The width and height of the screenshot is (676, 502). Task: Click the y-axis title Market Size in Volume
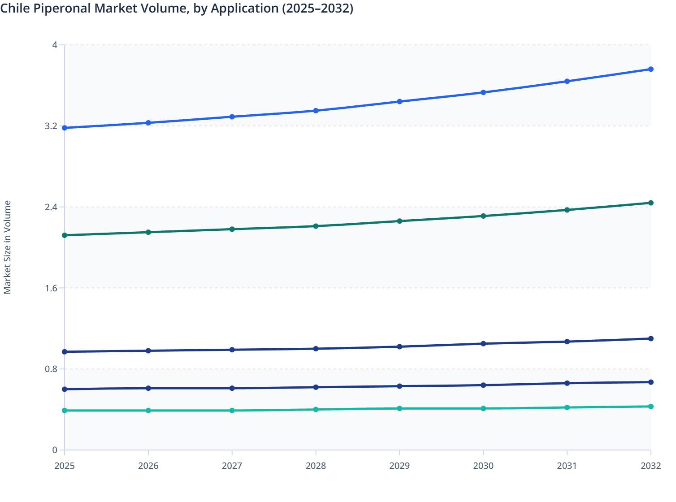pyautogui.click(x=8, y=247)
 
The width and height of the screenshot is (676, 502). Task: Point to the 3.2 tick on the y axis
pyautogui.click(x=51, y=126)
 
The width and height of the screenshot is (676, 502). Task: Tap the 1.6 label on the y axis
pyautogui.click(x=51, y=288)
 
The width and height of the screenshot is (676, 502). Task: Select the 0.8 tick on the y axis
pyautogui.click(x=51, y=369)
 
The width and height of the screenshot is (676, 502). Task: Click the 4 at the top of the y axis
pyautogui.click(x=55, y=45)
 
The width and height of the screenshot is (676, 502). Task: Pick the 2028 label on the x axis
pyautogui.click(x=316, y=466)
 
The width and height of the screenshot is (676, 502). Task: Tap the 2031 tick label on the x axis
pyautogui.click(x=567, y=466)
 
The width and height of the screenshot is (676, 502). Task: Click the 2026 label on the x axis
pyautogui.click(x=148, y=466)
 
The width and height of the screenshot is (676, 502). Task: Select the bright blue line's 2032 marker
pyautogui.click(x=651, y=69)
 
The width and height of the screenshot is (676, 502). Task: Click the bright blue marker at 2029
pyautogui.click(x=399, y=102)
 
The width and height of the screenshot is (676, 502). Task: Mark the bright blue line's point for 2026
pyautogui.click(x=148, y=123)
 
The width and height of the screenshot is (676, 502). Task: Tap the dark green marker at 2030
pyautogui.click(x=483, y=216)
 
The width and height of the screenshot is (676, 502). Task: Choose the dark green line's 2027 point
pyautogui.click(x=232, y=229)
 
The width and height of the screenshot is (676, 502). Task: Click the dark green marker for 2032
pyautogui.click(x=651, y=203)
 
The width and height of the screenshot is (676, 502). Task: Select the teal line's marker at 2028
pyautogui.click(x=316, y=410)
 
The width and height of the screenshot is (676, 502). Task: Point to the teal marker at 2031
pyautogui.click(x=567, y=407)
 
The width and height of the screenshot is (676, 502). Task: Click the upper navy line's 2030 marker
pyautogui.click(x=483, y=344)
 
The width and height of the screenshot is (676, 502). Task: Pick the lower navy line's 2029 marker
pyautogui.click(x=399, y=386)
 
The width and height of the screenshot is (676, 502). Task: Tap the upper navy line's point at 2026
pyautogui.click(x=148, y=351)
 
